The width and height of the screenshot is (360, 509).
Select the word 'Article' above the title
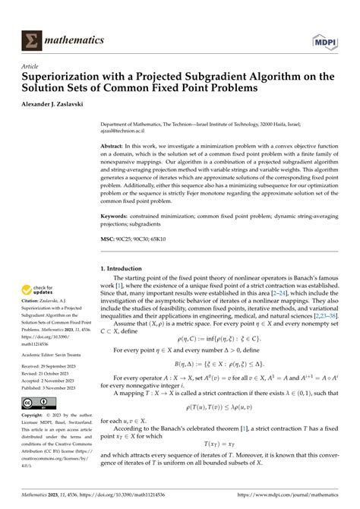pyautogui.click(x=33, y=66)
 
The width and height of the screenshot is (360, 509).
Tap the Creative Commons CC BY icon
pyautogui.click(x=38, y=403)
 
